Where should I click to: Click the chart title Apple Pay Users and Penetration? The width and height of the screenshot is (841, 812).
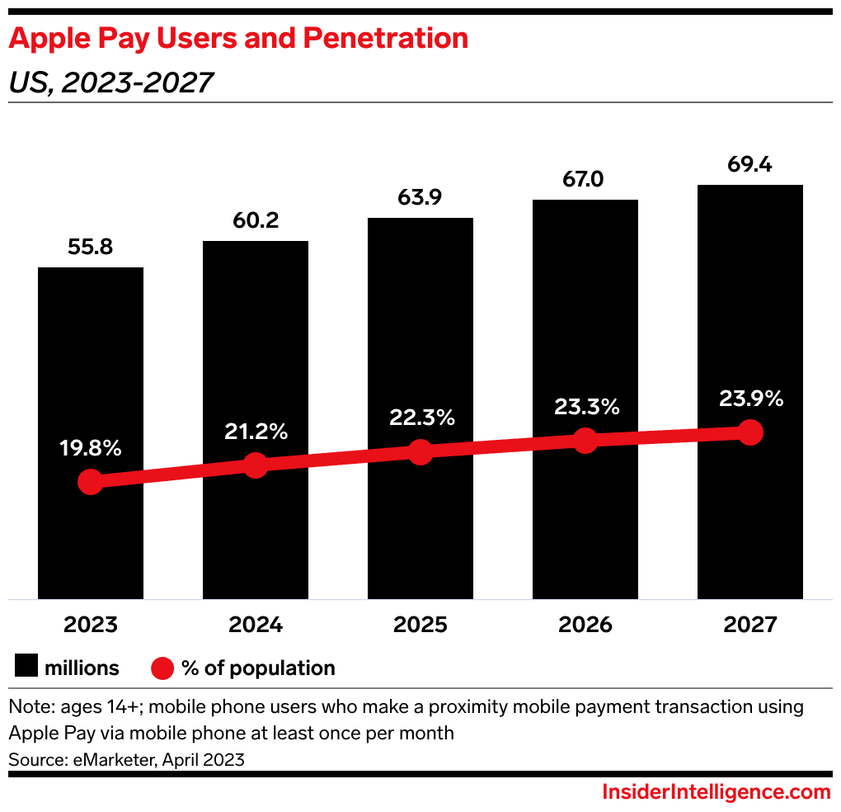pos(238,38)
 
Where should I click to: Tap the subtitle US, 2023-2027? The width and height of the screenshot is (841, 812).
pos(110,83)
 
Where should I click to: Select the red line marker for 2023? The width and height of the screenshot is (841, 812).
pos(90,483)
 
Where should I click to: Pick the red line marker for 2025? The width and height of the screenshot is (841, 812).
pos(420,451)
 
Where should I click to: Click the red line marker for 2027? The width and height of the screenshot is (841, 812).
pos(749,432)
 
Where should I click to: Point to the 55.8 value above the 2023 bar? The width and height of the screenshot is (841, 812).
pos(91,248)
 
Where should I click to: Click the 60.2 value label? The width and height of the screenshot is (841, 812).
pos(256,220)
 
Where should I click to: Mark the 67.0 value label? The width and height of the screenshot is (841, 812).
pos(585,180)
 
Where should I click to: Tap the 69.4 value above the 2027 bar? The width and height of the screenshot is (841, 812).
pos(749,165)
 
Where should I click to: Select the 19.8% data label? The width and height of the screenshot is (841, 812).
pos(91,449)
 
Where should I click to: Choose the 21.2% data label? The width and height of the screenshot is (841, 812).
pos(256,431)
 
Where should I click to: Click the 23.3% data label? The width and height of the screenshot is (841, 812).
pos(585,407)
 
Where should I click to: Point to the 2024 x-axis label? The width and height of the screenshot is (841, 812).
pos(256,625)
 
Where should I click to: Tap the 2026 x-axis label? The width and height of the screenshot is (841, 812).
pos(585,625)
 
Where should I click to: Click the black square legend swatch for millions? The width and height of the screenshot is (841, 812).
pos(27,668)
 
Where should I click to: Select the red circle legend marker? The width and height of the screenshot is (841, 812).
pos(163,668)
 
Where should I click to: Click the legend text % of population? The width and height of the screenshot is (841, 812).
pos(258,668)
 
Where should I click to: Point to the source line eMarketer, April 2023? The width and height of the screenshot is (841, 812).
pos(126,759)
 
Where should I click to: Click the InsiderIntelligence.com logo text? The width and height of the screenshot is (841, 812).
pos(716,792)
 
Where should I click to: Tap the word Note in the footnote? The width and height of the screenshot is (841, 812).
pos(27,707)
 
